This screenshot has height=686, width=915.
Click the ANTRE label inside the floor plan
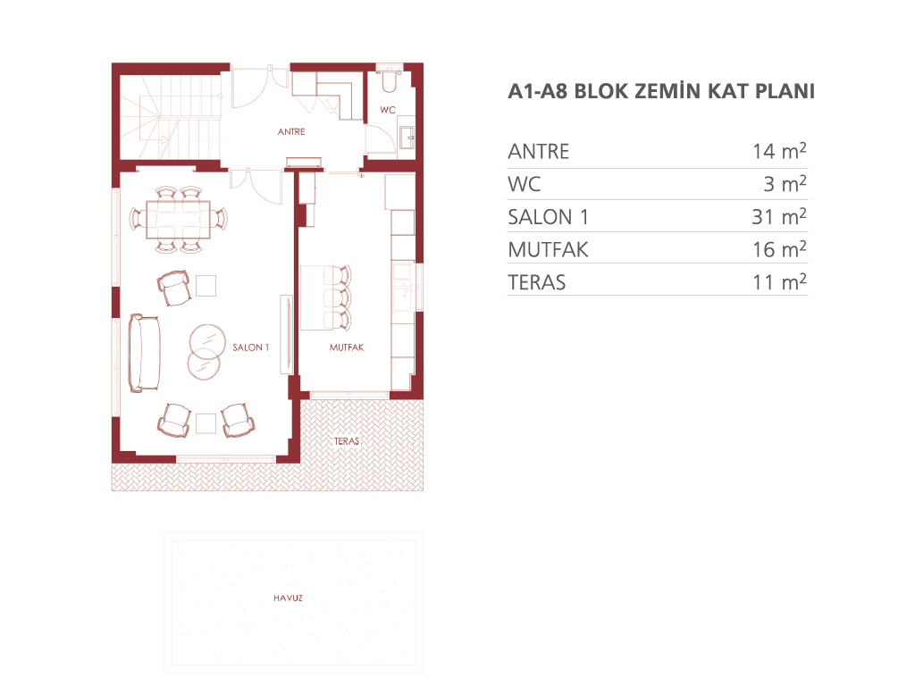tap(291, 132)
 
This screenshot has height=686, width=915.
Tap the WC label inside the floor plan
tap(388, 110)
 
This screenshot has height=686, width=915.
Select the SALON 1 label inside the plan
tap(251, 347)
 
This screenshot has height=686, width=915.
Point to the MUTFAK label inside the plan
tap(347, 347)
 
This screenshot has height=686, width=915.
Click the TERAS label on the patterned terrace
tap(347, 441)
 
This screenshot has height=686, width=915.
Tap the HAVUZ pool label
tap(289, 598)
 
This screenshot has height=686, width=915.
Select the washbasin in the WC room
tap(407, 138)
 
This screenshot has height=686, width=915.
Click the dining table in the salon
tap(178, 220)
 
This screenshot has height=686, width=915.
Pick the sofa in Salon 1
tap(144, 353)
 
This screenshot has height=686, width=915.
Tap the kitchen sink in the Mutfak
tap(403, 287)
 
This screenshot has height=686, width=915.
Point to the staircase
tap(170, 117)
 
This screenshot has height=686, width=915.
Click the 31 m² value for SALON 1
tap(779, 216)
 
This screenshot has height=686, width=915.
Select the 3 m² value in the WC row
tap(785, 183)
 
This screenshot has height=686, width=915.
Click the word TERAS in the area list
tap(537, 283)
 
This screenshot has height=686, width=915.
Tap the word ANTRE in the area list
tap(539, 152)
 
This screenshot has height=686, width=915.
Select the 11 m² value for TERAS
tap(779, 281)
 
